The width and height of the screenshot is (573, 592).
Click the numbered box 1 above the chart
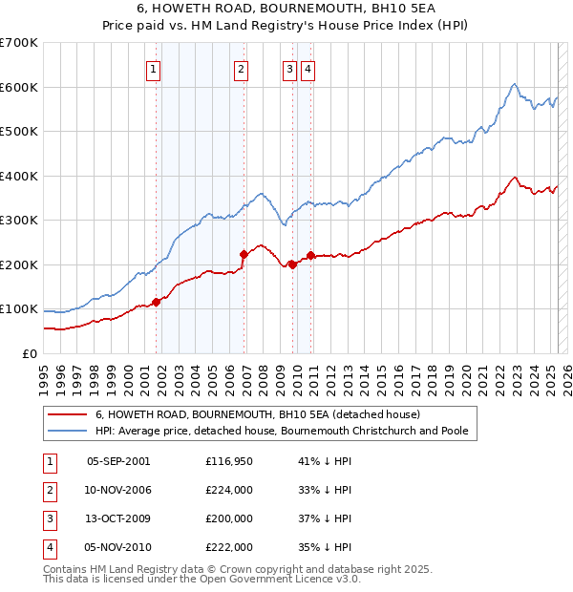[154, 68]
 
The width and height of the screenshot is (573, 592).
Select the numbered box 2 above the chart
[241, 68]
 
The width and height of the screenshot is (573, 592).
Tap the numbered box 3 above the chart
[289, 68]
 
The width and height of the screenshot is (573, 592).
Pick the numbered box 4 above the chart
[308, 68]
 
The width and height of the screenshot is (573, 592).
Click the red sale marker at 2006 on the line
[244, 254]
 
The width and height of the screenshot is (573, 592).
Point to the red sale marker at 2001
[156, 302]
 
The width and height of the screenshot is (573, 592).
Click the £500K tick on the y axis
[19, 131]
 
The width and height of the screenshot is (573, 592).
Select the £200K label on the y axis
[19, 264]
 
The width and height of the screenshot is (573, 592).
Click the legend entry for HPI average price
[282, 431]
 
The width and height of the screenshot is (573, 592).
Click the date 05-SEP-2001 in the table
[118, 460]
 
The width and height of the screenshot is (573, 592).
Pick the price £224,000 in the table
[228, 490]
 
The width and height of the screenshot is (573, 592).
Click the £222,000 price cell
[228, 547]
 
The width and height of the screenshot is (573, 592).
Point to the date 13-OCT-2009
[118, 518]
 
